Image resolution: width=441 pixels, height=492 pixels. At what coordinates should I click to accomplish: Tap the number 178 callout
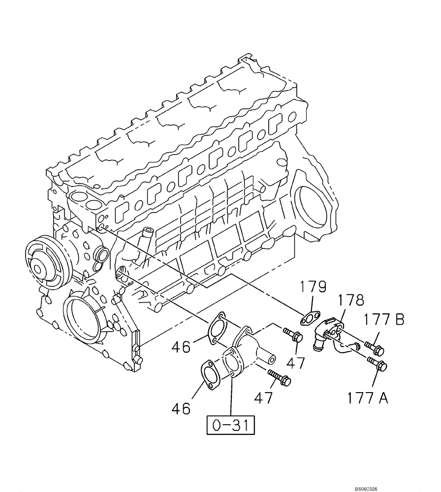351,301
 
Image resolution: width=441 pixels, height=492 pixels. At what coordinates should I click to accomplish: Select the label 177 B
384,320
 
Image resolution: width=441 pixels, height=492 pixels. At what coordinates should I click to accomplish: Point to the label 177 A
367,397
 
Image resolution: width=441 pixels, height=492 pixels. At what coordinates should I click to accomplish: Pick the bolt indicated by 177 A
377,366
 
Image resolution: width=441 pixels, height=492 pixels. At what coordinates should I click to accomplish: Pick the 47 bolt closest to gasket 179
293,336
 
